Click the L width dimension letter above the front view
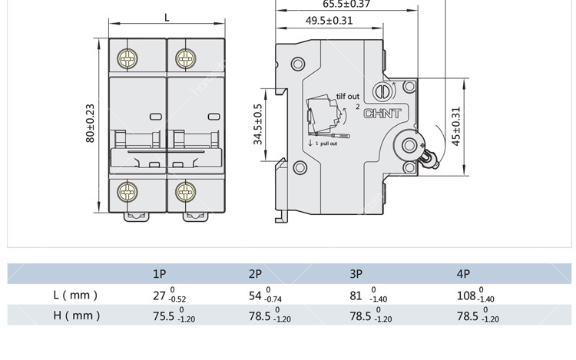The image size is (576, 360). click(167, 17)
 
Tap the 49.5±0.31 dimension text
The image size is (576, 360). click(329, 21)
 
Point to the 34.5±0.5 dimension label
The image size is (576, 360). click(258, 124)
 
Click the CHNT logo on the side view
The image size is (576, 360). click(382, 114)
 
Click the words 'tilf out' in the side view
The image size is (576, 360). click(347, 97)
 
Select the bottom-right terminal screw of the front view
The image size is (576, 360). click(184, 190)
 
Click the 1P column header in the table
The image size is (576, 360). click(160, 274)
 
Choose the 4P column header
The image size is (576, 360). click(463, 274)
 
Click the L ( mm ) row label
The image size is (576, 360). click(75, 295)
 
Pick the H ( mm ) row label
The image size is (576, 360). click(76, 315)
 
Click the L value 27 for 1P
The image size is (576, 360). click(160, 296)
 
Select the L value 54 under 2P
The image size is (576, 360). click(256, 296)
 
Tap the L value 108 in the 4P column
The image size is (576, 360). click(466, 296)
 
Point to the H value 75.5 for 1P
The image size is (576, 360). click(164, 316)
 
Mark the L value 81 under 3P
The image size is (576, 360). click(356, 296)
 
